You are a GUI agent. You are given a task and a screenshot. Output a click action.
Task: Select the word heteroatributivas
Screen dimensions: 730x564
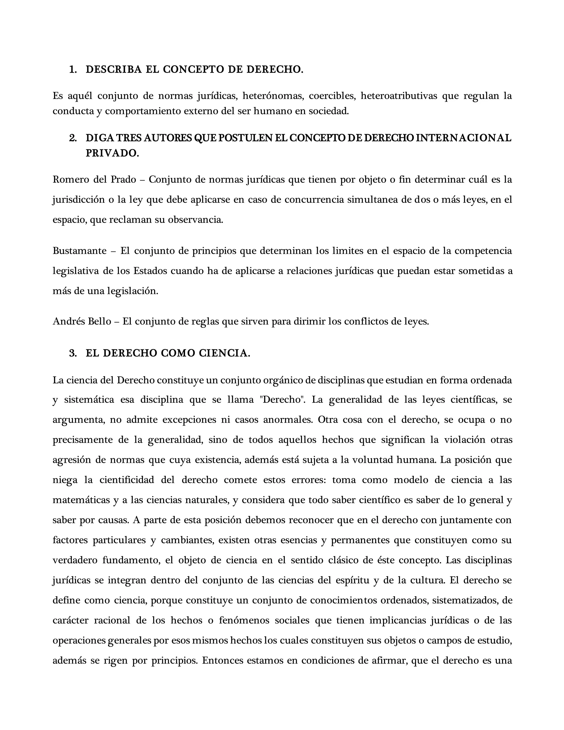399,96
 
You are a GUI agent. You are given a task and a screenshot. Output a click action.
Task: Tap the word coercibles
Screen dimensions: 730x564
332,96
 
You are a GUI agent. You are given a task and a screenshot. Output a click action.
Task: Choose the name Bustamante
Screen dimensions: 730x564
80,251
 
